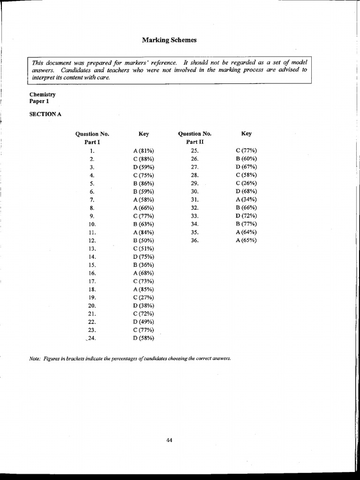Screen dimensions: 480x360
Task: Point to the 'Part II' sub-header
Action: [195, 142]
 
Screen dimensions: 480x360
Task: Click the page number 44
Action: [169, 440]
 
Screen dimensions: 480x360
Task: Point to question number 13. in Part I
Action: [92, 248]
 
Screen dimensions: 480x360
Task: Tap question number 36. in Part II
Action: [195, 240]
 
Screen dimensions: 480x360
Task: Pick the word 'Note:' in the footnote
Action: [36, 359]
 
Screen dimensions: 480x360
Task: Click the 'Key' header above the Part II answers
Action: [246, 134]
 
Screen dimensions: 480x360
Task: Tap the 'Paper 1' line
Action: [39, 101]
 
